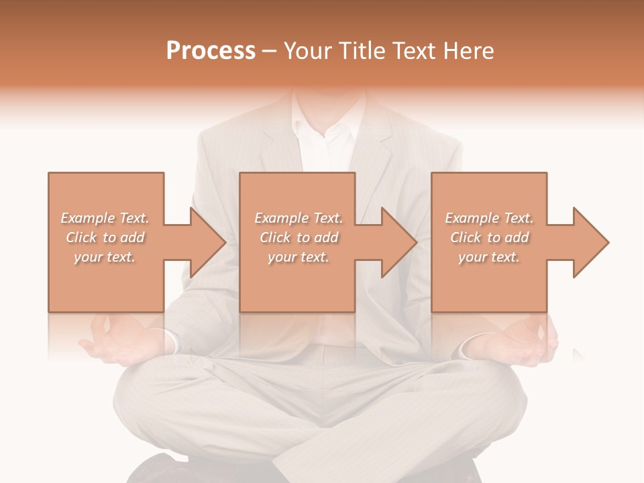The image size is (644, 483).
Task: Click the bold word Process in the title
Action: (x=211, y=51)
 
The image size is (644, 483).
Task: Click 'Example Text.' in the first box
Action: (x=105, y=218)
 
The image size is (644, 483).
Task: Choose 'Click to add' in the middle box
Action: (x=299, y=237)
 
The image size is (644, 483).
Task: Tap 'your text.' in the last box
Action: (x=489, y=257)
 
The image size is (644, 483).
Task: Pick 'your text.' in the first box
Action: (x=104, y=257)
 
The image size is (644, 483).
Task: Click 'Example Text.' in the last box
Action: (x=489, y=218)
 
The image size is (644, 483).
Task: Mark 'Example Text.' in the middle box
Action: (x=299, y=218)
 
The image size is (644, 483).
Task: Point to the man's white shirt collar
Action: (x=329, y=131)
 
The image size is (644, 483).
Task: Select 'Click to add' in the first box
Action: (x=105, y=237)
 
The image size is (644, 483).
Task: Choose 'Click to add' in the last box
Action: (x=490, y=237)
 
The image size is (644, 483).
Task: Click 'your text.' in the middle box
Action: (x=298, y=257)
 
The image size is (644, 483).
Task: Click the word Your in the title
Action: (x=308, y=51)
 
